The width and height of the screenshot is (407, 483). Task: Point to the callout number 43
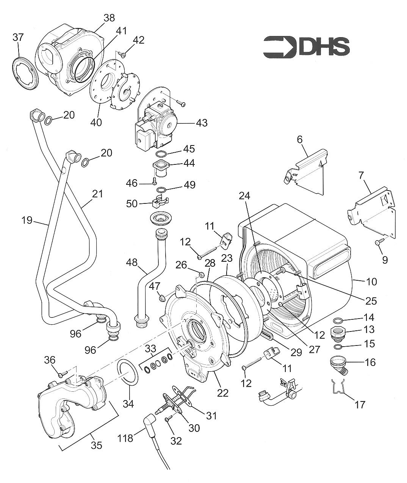pyautogui.click(x=201, y=123)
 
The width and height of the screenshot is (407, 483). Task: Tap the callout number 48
pyautogui.click(x=132, y=261)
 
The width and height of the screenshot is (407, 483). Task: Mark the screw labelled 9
pyautogui.click(x=379, y=242)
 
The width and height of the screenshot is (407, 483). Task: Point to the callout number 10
pyautogui.click(x=371, y=281)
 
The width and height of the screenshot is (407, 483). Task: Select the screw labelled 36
pyautogui.click(x=61, y=375)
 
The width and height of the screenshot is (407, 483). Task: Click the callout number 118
pyautogui.click(x=125, y=438)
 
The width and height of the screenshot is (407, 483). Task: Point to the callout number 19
pyautogui.click(x=27, y=220)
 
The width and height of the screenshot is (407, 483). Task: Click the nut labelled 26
pyautogui.click(x=202, y=274)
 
